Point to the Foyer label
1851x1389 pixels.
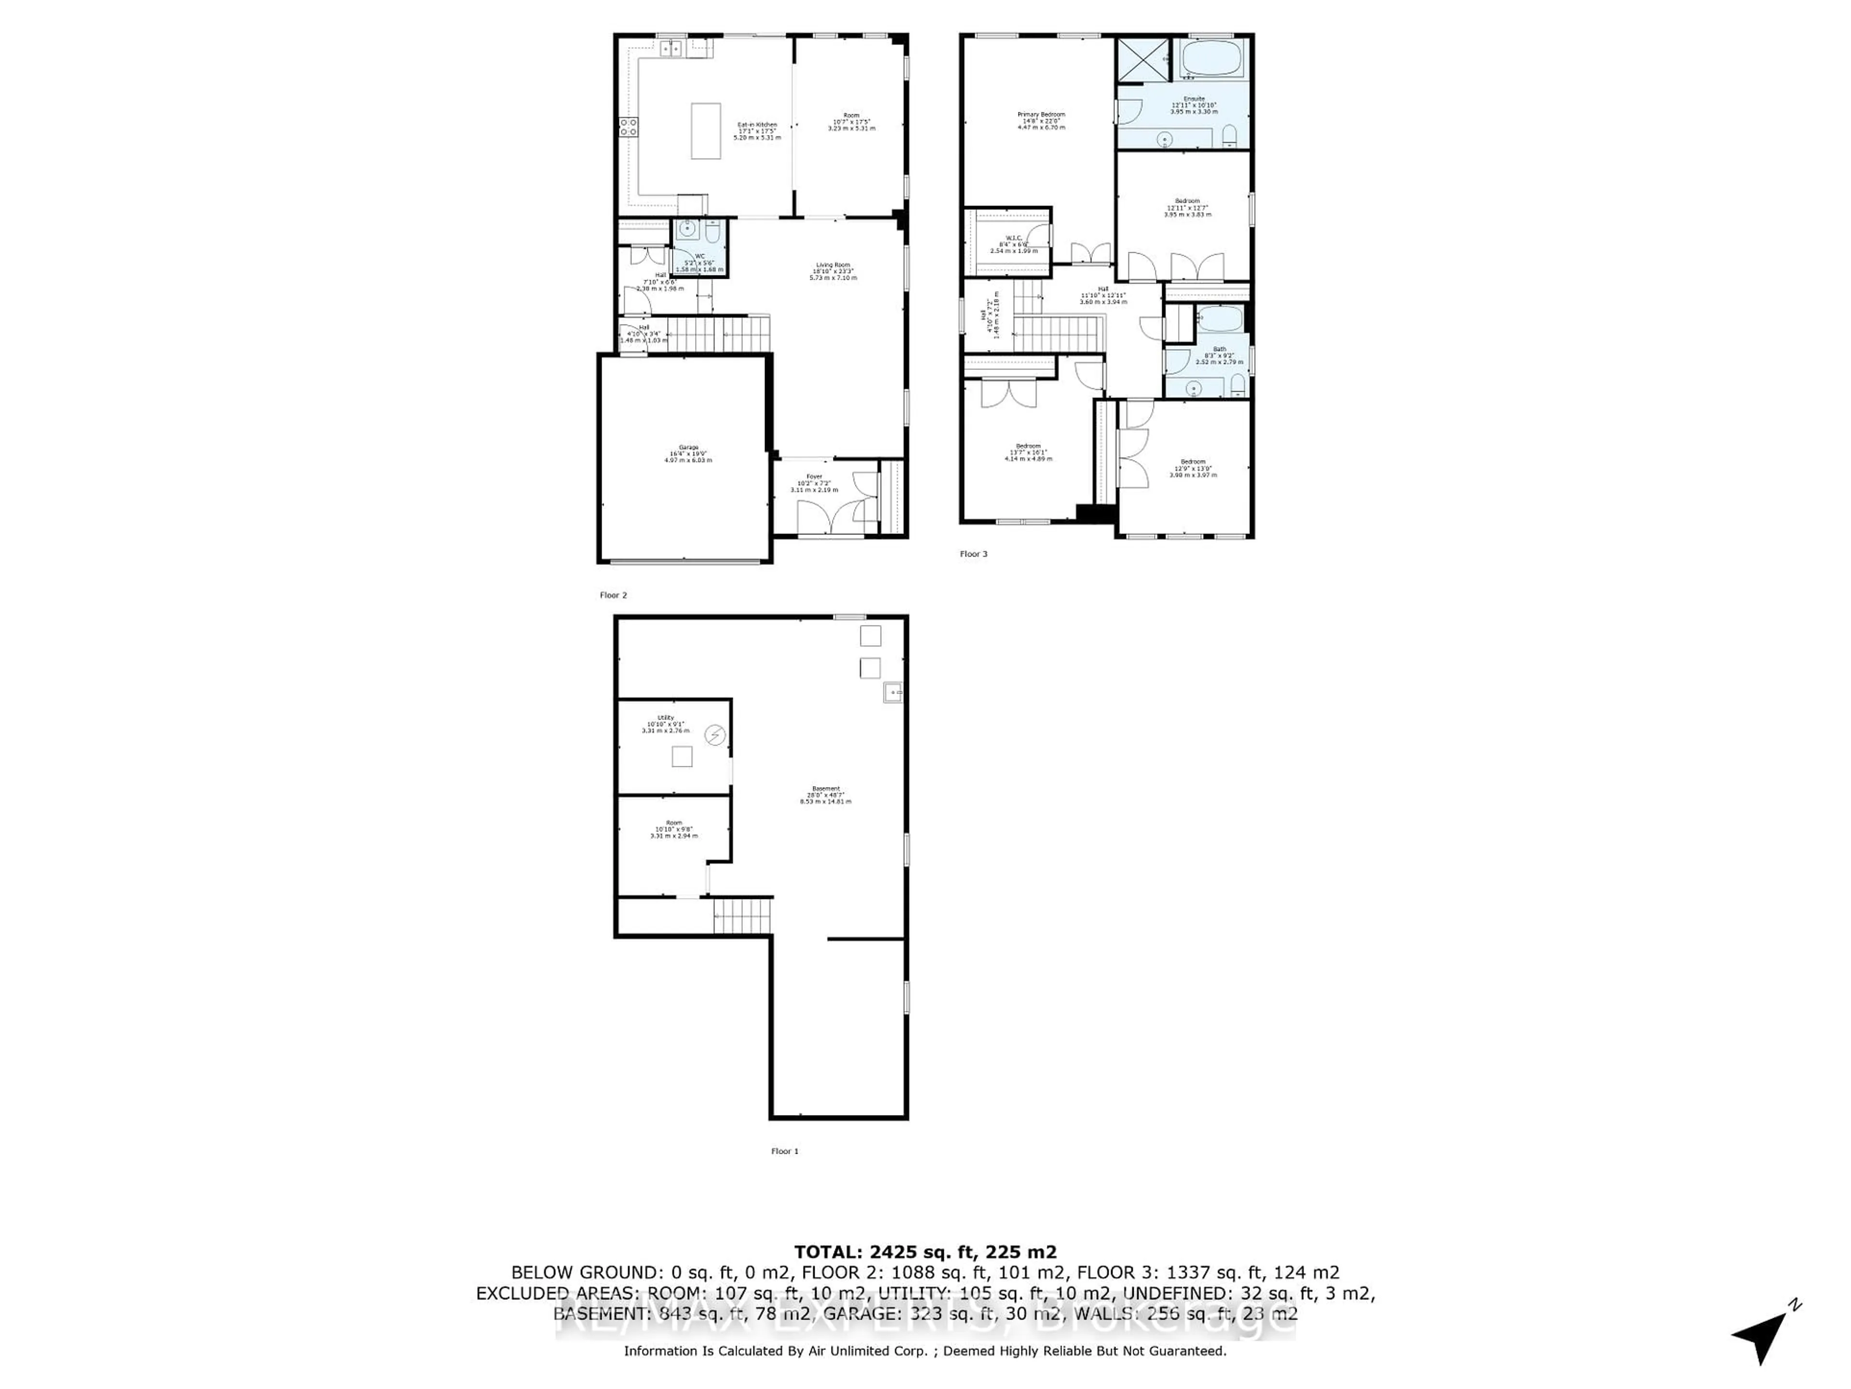(813, 482)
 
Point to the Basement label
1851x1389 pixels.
(825, 794)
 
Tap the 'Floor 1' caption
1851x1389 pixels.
(784, 1151)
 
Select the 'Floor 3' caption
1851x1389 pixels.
(973, 553)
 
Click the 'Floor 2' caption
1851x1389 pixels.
(613, 595)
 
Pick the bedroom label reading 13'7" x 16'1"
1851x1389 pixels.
(1029, 452)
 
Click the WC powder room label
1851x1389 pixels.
(699, 262)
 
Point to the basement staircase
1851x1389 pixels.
(742, 915)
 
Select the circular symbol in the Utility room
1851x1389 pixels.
(715, 735)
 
